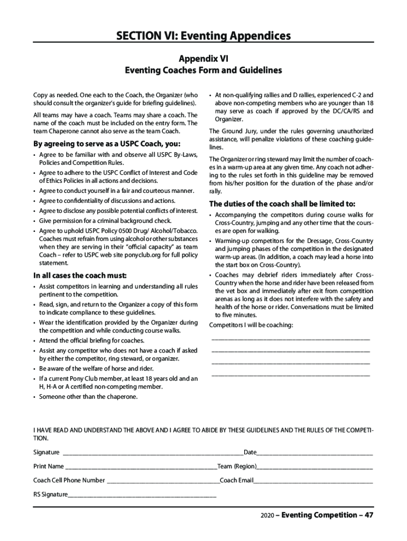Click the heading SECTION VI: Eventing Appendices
(203, 36)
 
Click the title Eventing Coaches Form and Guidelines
(203, 70)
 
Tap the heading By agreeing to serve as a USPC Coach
(106, 144)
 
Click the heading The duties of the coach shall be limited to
(282, 204)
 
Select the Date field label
(250, 453)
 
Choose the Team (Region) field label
(237, 467)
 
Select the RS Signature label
(51, 495)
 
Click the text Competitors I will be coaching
(251, 325)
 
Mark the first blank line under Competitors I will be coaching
(291, 338)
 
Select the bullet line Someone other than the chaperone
(88, 396)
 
